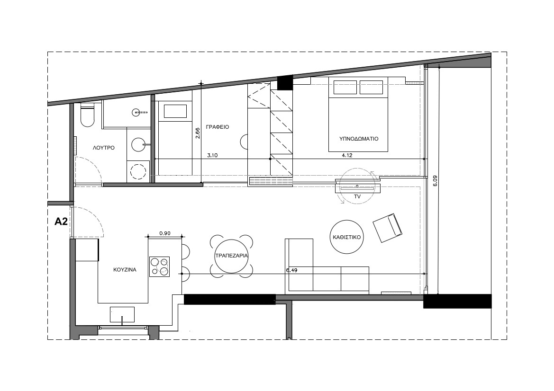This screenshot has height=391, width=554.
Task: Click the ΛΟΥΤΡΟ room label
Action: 103,148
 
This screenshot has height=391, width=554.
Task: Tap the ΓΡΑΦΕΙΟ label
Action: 218,127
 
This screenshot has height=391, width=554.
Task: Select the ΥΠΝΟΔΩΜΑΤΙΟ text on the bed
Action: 359,139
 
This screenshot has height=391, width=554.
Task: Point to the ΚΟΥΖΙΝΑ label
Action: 125,270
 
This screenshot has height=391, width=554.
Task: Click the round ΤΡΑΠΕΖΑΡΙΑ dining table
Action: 231,256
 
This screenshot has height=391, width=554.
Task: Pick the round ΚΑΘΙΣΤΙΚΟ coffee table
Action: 346,237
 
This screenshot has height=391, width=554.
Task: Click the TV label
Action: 357,196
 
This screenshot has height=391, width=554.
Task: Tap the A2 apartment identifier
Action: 61,222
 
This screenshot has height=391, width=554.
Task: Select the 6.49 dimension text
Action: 291,270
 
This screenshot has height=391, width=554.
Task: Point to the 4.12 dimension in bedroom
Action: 347,155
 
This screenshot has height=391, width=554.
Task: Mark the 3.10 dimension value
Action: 212,155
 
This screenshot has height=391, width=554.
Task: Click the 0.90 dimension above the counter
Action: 165,233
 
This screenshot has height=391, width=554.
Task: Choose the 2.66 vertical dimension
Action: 198,133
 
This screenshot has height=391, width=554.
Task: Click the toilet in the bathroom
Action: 87,115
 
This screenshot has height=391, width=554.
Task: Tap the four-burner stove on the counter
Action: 159,267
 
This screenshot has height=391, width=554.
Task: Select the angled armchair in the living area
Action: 388,228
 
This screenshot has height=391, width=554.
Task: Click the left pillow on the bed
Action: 345,87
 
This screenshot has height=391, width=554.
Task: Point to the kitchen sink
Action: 122,314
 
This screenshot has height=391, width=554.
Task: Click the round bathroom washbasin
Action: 138,144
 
